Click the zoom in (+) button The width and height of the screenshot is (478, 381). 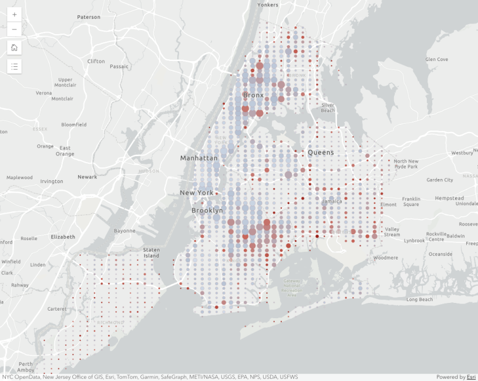[14, 14]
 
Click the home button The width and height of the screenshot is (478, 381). [14, 48]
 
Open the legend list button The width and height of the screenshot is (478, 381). [14, 66]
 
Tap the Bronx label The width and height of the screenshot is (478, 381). [253, 95]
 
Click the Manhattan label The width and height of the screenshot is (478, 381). [198, 158]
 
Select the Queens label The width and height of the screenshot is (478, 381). [321, 153]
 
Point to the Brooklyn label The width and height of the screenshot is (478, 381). [207, 210]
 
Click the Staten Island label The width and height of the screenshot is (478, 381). [152, 253]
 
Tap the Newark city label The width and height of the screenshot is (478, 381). [87, 177]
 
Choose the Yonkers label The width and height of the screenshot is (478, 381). [268, 5]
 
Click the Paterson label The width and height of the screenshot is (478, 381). [89, 17]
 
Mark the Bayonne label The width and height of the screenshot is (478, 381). [124, 231]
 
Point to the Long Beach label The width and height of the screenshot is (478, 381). [419, 299]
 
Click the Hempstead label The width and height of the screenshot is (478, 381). [449, 198]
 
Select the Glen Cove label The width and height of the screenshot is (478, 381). [436, 59]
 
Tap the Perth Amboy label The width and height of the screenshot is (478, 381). [26, 367]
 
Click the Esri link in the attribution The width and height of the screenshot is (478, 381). [471, 377]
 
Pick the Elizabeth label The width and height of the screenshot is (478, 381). [63, 237]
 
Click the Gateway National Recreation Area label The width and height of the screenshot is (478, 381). [292, 288]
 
